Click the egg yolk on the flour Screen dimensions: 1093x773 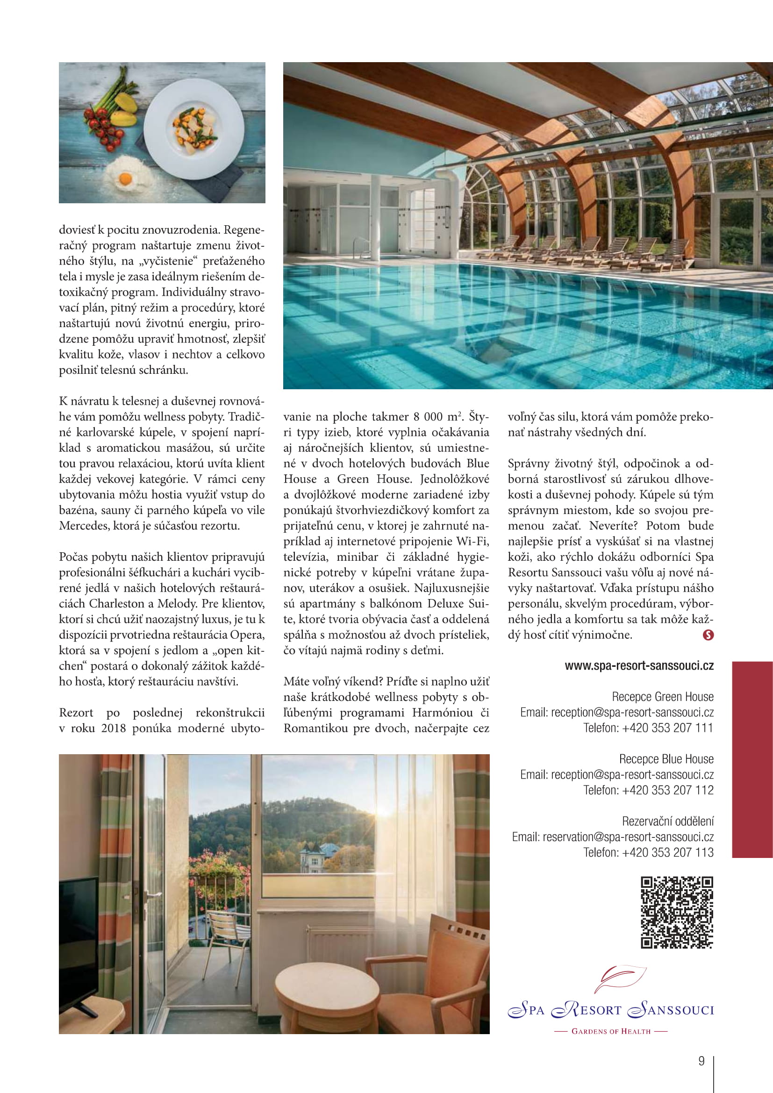[x=126, y=179]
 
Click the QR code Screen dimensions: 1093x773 [x=677, y=912]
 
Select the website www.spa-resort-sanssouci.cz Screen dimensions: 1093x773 [x=639, y=665]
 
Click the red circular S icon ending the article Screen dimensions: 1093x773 [x=708, y=635]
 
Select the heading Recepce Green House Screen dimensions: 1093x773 [x=663, y=697]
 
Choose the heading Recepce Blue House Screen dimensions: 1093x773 [x=666, y=759]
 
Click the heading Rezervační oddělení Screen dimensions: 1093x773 [x=667, y=821]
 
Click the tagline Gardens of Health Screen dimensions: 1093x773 [x=611, y=1031]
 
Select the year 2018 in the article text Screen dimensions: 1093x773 [x=113, y=729]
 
